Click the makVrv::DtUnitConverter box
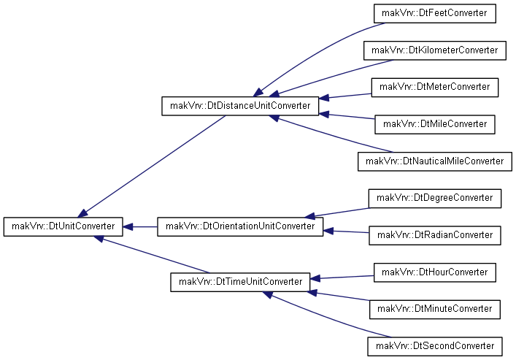click(x=63, y=226)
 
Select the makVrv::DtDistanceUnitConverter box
click(x=240, y=106)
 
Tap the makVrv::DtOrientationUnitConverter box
click(x=240, y=226)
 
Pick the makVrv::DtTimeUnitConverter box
click(x=240, y=282)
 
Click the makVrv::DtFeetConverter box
click(x=435, y=13)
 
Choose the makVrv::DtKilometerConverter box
click(x=435, y=50)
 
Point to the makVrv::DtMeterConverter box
click(x=435, y=88)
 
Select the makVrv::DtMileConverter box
click(x=435, y=124)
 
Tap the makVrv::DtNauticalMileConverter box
click(x=435, y=161)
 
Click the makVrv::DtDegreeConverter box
click(x=435, y=199)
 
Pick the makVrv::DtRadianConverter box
click(x=435, y=235)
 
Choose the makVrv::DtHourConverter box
click(x=435, y=272)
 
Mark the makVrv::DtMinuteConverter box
click(x=435, y=310)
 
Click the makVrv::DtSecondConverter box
click(x=435, y=346)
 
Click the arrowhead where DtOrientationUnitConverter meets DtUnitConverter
click(x=128, y=226)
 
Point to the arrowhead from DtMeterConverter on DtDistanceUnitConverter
click(x=324, y=98)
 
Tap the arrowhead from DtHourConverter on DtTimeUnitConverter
click(x=315, y=279)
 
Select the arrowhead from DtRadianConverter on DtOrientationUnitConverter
click(x=328, y=231)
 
